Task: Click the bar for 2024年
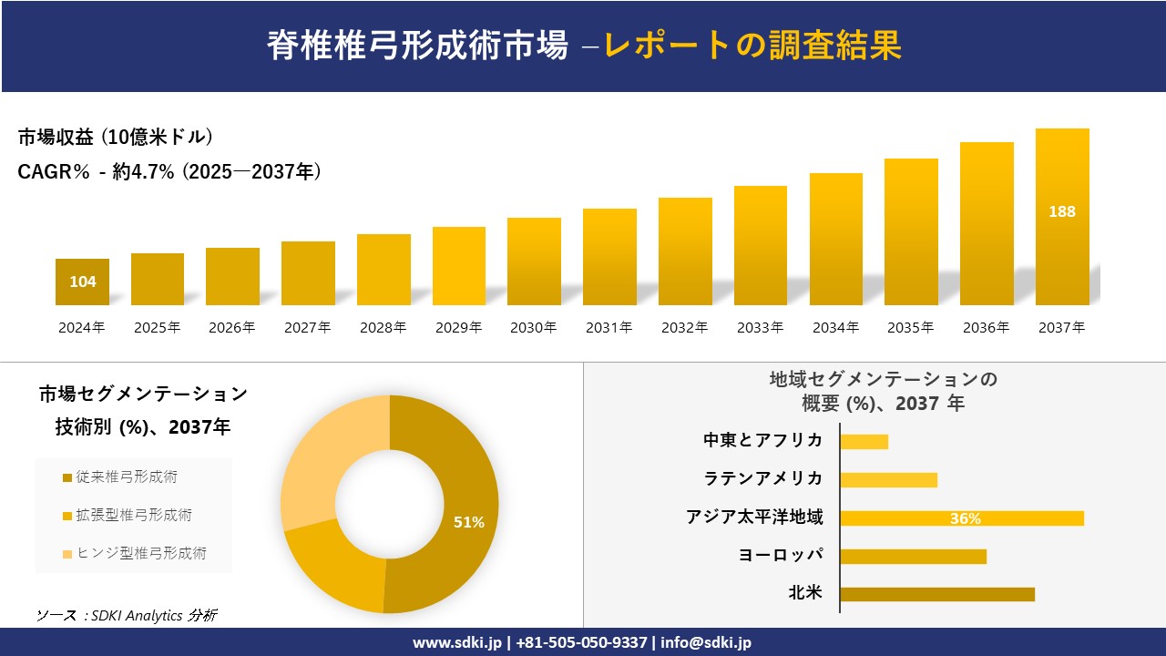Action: pyautogui.click(x=82, y=282)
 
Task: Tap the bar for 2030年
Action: pyautogui.click(x=534, y=261)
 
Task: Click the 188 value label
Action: pyautogui.click(x=1062, y=211)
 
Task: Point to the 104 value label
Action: pyautogui.click(x=83, y=282)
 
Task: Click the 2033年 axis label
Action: pyautogui.click(x=760, y=328)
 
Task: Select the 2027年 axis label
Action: pyautogui.click(x=307, y=328)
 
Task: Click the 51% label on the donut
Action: pyautogui.click(x=469, y=522)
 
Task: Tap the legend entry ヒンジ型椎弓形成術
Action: pyautogui.click(x=140, y=553)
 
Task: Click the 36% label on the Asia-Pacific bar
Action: pyautogui.click(x=965, y=518)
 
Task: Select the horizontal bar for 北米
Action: pyautogui.click(x=936, y=594)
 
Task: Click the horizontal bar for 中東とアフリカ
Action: pyautogui.click(x=864, y=441)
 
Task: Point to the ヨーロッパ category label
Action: pyautogui.click(x=781, y=555)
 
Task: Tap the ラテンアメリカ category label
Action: pyautogui.click(x=762, y=478)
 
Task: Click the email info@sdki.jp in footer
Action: pyautogui.click(x=706, y=642)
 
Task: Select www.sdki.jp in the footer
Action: pyautogui.click(x=455, y=642)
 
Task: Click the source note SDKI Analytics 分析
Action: pyautogui.click(x=127, y=615)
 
